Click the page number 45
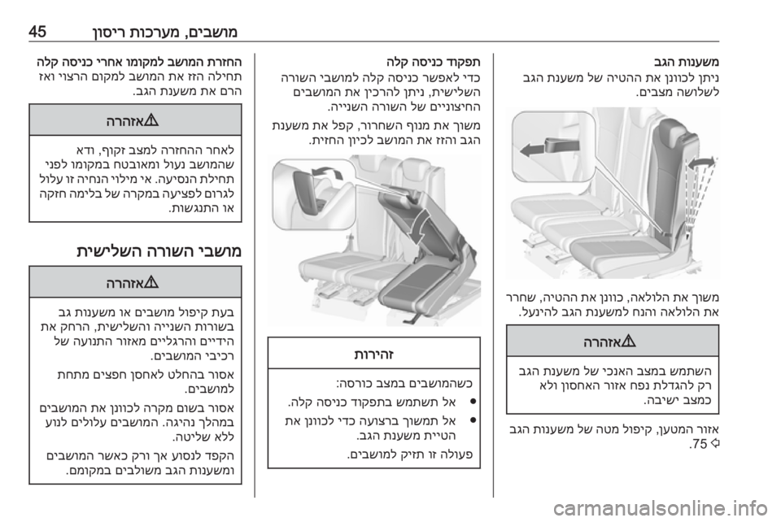tap(37, 33)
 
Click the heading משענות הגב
tap(687, 63)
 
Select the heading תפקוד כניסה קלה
tap(434, 63)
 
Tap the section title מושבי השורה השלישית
tap(159, 250)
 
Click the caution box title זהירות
tap(373, 355)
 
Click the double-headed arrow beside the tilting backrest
tap(701, 163)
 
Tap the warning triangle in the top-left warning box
tap(151, 120)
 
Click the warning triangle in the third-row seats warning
tap(151, 283)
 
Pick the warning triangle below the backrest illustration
tap(630, 341)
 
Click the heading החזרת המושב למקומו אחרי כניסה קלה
tap(139, 63)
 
